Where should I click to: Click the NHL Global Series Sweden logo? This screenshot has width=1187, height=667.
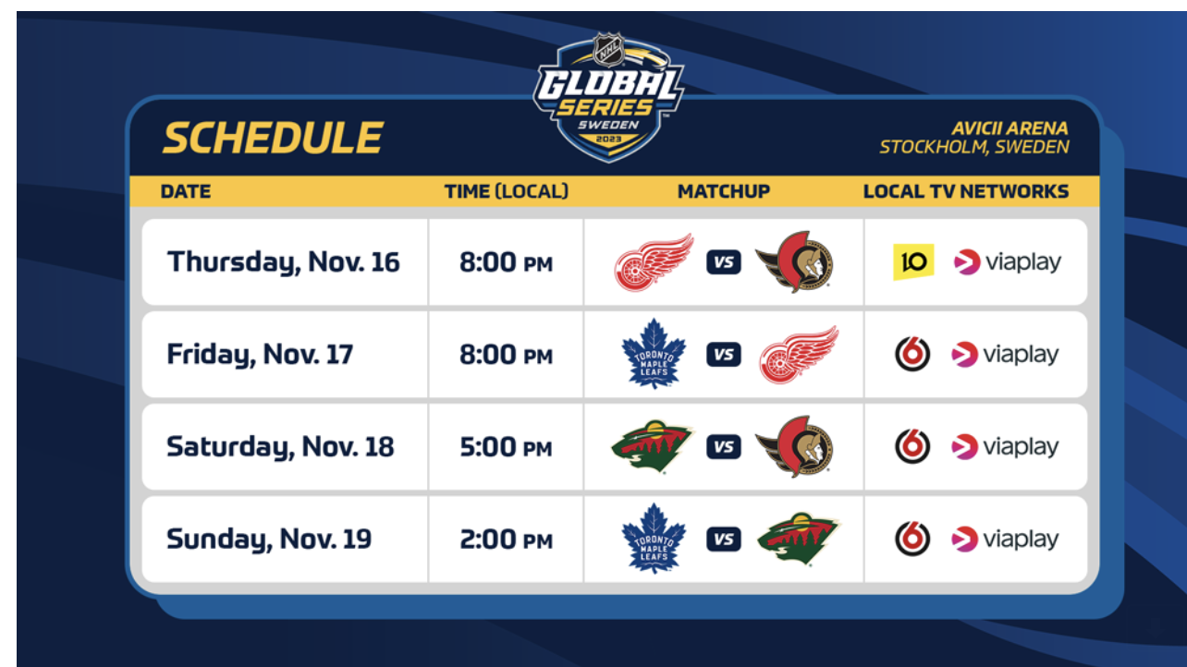pos(608,97)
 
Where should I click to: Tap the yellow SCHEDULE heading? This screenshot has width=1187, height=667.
pos(273,138)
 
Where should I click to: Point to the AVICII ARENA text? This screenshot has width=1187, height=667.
pos(1010,128)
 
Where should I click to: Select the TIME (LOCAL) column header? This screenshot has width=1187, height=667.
pos(506,191)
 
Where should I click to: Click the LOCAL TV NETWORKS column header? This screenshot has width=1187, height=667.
pos(966,191)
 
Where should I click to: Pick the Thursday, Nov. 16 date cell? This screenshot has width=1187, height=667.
pos(284,262)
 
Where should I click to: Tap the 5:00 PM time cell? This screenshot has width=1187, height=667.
pos(506,447)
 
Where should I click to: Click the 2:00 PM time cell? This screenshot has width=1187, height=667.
pos(506,540)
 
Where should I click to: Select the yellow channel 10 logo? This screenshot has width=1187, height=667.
pos(913,262)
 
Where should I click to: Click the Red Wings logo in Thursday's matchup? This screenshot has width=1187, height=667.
pos(654,262)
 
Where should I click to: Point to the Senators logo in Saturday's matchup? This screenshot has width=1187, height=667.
pos(794,447)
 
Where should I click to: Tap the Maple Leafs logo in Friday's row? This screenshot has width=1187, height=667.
pos(654,354)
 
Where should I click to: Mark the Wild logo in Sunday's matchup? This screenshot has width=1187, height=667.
pos(798,539)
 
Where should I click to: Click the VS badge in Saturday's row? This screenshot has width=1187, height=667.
pos(724,447)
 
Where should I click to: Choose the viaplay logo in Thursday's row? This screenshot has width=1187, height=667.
pos(1008,262)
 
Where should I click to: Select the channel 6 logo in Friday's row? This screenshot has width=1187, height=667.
pos(912,354)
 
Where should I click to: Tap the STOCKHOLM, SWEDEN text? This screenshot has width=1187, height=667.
pos(974,147)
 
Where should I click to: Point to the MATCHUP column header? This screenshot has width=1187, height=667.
pos(724,191)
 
